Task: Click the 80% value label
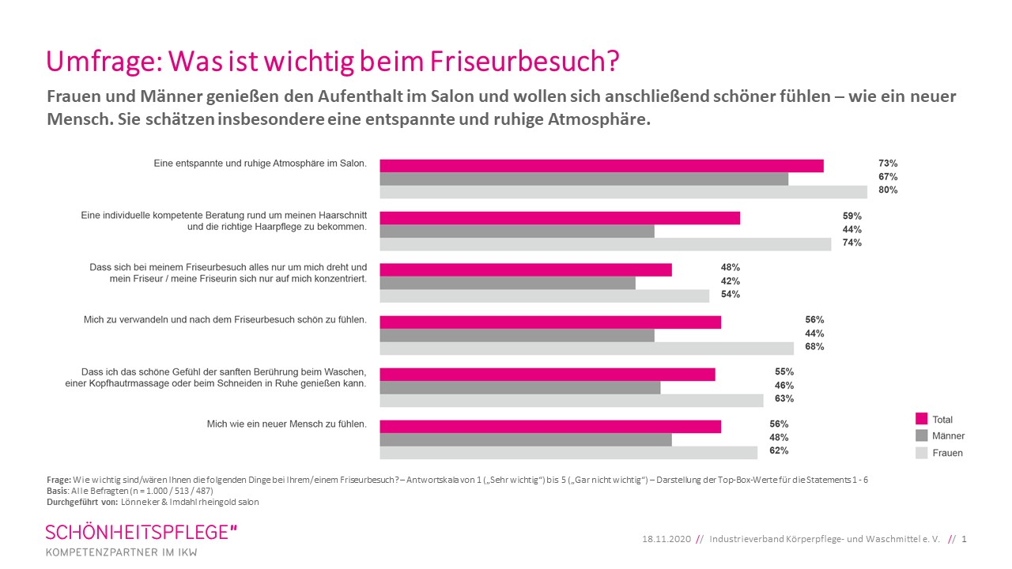tap(886, 190)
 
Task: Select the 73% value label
tap(886, 164)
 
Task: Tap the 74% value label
tap(852, 243)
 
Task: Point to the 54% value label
tap(730, 295)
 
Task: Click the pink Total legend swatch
tap(920, 419)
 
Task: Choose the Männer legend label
tap(948, 436)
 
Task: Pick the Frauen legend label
tap(947, 454)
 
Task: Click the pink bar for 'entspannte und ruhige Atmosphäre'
tap(601, 165)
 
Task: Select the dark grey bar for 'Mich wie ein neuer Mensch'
tap(525, 439)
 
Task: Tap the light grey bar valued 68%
tap(586, 349)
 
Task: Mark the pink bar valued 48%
tap(525, 269)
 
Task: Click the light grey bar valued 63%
tap(571, 400)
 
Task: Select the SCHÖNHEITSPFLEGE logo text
tap(141, 532)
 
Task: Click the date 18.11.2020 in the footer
tap(666, 539)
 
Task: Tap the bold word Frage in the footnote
tap(59, 480)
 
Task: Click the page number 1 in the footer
tap(965, 539)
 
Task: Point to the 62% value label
tap(778, 451)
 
